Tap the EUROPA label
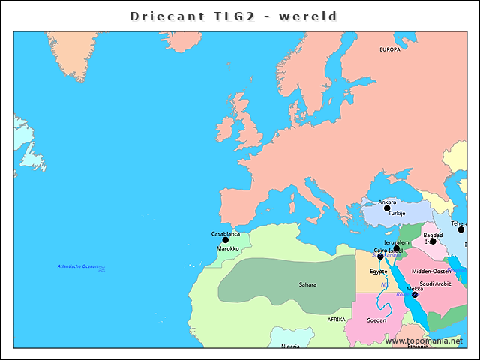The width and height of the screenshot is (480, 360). coord(390,49)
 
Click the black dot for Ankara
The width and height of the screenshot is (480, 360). coord(387,208)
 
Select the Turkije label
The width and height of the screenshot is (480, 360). coord(396,214)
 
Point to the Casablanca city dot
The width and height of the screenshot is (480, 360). coord(225,240)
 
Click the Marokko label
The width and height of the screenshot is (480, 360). coord(228,248)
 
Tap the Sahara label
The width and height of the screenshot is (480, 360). coord(307,284)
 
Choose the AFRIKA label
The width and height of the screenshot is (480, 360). coord(336,319)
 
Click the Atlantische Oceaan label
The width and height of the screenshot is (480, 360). coord(78,266)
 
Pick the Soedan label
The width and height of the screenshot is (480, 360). coord(376,319)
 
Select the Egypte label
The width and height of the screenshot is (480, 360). coord(379,271)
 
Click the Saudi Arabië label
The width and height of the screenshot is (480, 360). coord(435,283)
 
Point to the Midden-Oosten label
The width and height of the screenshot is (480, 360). coord(431,271)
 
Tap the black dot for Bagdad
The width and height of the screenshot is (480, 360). coord(433,241)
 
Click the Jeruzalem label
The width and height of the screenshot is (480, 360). coord(397,242)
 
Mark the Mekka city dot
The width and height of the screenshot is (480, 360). coord(415,295)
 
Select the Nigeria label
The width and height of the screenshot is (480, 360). coord(290,346)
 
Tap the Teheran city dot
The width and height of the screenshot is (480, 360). coord(461,229)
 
